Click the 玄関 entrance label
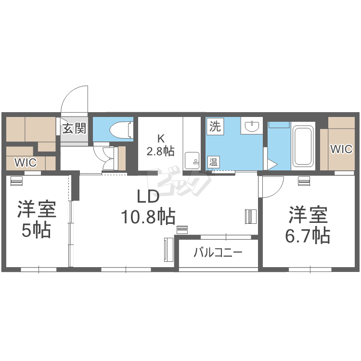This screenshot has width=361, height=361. [x=74, y=129]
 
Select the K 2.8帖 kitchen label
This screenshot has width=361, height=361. [x=160, y=145]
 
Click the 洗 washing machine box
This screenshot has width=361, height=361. [x=215, y=126]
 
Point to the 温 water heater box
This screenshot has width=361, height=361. [x=213, y=162]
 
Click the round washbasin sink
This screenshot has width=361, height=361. [x=252, y=126]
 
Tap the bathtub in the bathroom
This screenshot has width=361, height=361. [x=303, y=145]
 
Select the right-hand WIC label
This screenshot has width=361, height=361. [x=341, y=149]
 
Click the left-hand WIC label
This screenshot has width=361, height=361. [x=26, y=163]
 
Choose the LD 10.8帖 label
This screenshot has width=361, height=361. [x=148, y=207]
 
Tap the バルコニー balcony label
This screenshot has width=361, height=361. [x=218, y=253]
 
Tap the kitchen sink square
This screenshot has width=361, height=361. [x=192, y=160]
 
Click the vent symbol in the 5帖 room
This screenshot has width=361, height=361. [x=16, y=180]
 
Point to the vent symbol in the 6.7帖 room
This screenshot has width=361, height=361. [x=304, y=180]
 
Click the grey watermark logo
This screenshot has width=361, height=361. [x=180, y=182]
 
